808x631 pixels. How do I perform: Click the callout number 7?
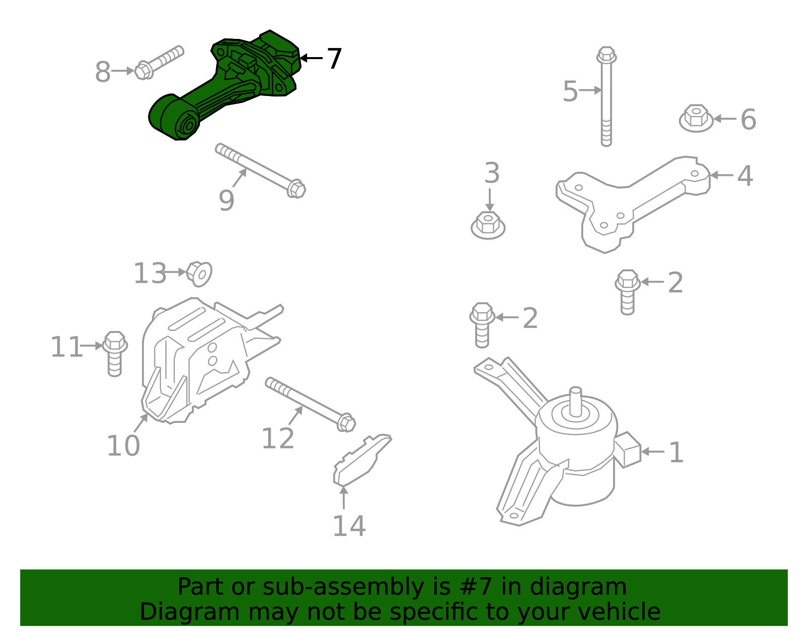point(334,59)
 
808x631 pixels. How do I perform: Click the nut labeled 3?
point(488,225)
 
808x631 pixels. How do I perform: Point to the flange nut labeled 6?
point(696,118)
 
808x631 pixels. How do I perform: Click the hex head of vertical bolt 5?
point(606,55)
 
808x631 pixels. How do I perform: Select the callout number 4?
point(744,176)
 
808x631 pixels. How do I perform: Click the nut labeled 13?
point(199,273)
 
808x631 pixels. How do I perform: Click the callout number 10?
point(123,446)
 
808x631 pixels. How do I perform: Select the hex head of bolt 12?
point(346,422)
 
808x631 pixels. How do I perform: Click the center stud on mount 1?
point(575,402)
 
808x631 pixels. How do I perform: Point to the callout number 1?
point(676,453)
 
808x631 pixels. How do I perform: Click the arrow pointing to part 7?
point(311,58)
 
